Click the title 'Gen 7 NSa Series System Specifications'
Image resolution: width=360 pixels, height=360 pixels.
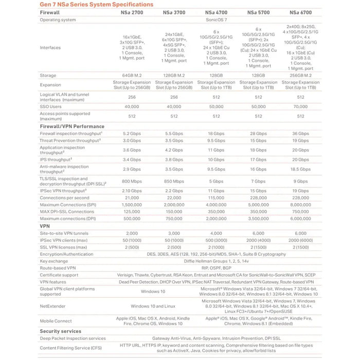[x=96, y=4]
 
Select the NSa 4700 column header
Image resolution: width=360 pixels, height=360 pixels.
[x=215, y=12]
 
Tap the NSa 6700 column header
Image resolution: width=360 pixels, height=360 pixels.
[x=302, y=12]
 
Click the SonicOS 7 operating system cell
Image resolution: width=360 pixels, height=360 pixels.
[x=215, y=20]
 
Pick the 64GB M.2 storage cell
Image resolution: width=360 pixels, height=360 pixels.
[x=128, y=76]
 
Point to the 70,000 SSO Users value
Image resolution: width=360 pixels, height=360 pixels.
[x=302, y=106]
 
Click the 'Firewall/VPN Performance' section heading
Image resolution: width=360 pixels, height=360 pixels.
[x=72, y=126]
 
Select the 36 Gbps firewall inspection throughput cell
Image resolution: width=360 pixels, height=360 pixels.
[x=302, y=133]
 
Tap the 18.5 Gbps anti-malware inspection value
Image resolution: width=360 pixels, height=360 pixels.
[x=302, y=169]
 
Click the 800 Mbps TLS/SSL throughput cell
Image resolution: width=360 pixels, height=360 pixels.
[x=128, y=181]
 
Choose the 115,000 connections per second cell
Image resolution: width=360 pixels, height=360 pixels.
[x=215, y=197]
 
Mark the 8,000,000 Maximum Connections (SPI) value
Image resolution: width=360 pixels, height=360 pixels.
[x=302, y=205]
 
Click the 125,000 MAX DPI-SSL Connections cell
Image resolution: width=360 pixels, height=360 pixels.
[x=128, y=211]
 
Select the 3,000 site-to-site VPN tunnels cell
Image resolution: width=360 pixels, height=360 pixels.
[x=172, y=233]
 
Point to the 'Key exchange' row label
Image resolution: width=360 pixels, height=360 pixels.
[x=54, y=261]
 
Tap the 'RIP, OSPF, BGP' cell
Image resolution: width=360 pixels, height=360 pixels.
[x=215, y=268]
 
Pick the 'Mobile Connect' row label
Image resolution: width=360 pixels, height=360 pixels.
[x=56, y=320]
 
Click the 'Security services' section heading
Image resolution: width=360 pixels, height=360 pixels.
[x=60, y=331]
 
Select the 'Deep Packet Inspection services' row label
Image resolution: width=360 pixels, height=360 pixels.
[x=72, y=338]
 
